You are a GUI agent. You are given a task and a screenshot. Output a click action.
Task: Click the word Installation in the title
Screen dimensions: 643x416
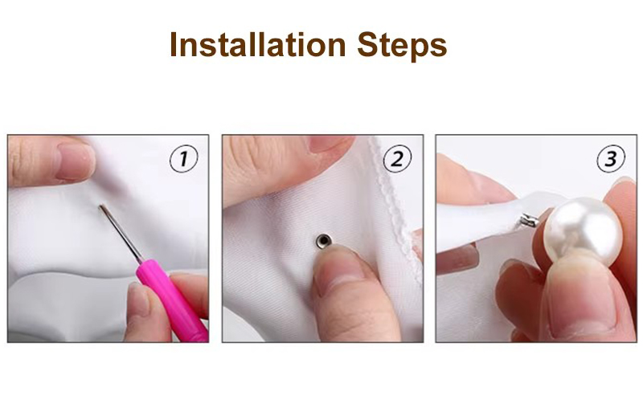click(258, 45)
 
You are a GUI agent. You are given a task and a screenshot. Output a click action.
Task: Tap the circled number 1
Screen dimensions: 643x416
click(184, 159)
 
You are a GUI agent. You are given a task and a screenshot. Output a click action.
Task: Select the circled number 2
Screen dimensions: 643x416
click(397, 159)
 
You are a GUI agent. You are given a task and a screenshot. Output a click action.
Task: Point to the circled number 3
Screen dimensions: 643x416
click(611, 159)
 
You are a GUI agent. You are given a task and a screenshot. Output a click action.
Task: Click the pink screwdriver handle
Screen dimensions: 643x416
click(172, 300)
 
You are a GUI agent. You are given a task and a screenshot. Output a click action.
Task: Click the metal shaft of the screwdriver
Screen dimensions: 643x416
click(121, 234)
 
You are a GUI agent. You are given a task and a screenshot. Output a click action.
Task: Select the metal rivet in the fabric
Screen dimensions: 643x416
click(324, 241)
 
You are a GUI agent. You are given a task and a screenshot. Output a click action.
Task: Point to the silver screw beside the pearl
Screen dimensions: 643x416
click(530, 221)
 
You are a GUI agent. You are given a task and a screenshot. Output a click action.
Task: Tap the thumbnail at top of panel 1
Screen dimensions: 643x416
click(75, 161)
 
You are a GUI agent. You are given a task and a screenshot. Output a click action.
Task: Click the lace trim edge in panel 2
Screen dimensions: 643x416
click(396, 209)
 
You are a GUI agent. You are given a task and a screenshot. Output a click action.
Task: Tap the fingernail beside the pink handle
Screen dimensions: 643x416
click(139, 299)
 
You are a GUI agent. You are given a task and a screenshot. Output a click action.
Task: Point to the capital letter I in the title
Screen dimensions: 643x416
click(174, 45)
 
